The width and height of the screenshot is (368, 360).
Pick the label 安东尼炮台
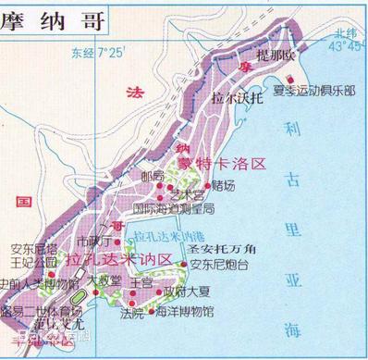[x=219, y=266]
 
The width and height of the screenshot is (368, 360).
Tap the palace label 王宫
[x=141, y=281]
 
